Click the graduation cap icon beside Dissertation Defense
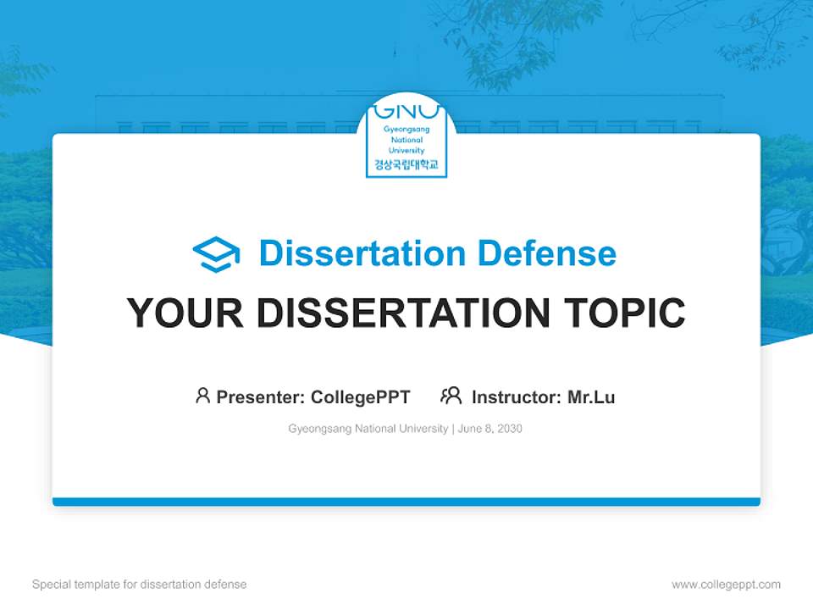[216, 254]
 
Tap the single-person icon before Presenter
[202, 396]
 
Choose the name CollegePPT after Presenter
[361, 397]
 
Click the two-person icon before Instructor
[451, 396]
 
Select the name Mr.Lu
[591, 397]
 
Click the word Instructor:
[517, 397]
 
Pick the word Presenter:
[261, 397]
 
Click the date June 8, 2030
[490, 429]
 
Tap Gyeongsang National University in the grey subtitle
[368, 429]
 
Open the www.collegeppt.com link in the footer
[726, 585]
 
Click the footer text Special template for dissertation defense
[140, 585]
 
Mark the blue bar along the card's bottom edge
[406, 502]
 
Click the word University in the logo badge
[406, 150]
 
